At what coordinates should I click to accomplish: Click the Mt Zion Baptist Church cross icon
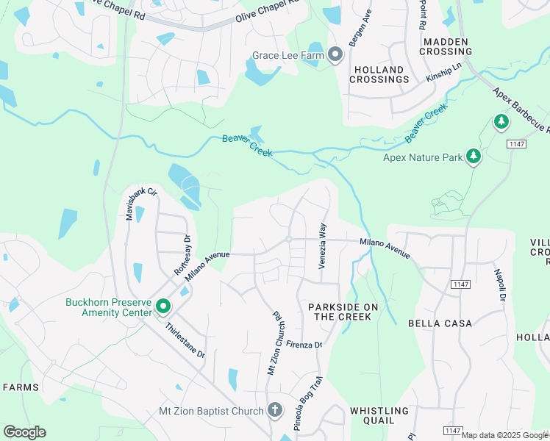(x=275, y=410)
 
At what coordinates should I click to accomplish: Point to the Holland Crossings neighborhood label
(x=379, y=74)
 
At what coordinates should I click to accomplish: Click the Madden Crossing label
(x=447, y=46)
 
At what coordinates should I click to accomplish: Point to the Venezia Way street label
(x=321, y=246)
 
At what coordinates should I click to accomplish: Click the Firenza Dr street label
(x=304, y=344)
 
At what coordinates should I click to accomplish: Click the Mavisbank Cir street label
(x=131, y=205)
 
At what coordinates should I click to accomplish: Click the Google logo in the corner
(x=24, y=432)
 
